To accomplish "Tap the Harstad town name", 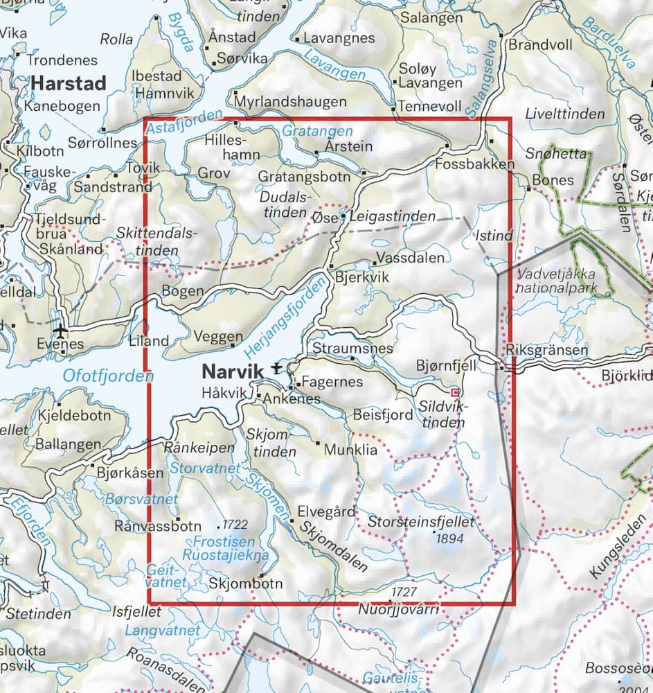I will tap(69, 84).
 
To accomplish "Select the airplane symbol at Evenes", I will tap(62, 330).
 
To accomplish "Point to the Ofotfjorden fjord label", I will tap(107, 376).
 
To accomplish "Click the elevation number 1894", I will tap(448, 536).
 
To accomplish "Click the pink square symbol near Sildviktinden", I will tap(454, 392).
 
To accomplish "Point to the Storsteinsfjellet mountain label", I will tap(421, 521).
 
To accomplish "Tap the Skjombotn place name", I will tap(245, 584).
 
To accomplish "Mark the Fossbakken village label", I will tap(476, 164).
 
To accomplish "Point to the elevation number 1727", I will tap(405, 593).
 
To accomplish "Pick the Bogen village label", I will tap(183, 291).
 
